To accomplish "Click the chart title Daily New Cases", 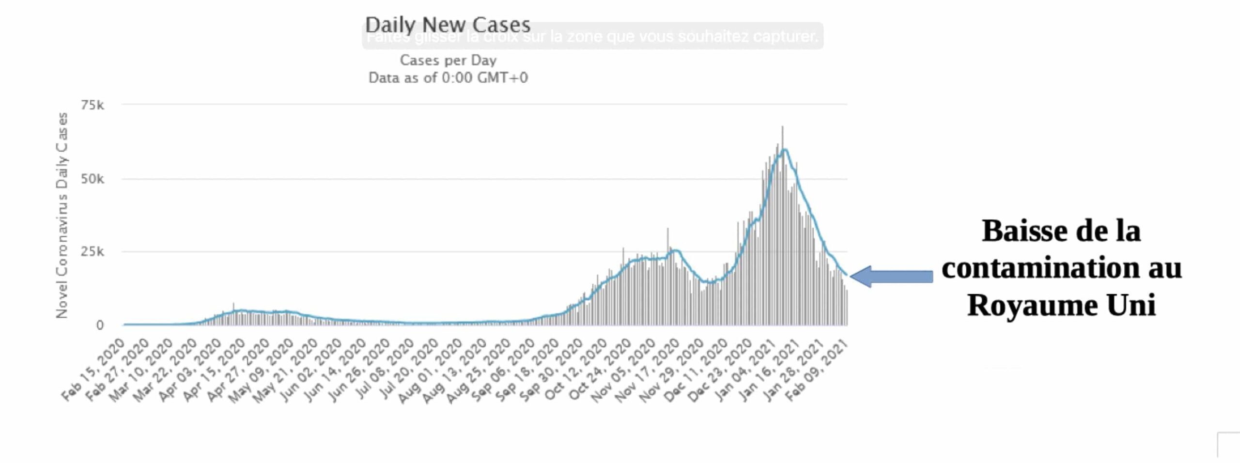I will (448, 24).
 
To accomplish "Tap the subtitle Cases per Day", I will (448, 61).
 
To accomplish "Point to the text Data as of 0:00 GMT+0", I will (448, 78).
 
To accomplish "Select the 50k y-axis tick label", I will (93, 179).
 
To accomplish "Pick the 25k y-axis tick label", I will (93, 252).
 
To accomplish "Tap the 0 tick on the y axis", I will (99, 325).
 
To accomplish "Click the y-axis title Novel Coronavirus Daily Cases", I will (62, 216).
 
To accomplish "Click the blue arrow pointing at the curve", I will (891, 277).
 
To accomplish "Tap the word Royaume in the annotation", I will (1032, 305).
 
